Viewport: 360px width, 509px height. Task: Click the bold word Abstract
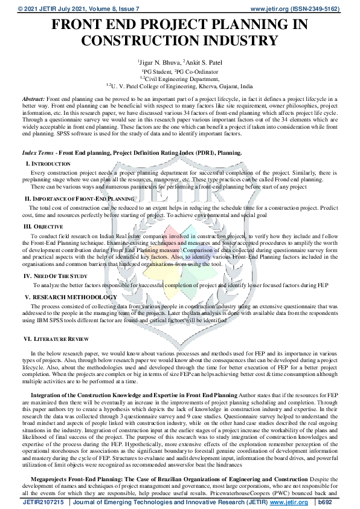[33, 97]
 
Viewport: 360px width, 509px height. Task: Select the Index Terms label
[39, 153]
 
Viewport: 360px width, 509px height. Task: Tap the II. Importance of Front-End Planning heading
[79, 198]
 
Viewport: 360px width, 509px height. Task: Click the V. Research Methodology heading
[71, 297]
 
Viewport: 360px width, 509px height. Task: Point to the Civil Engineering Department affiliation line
[179, 79]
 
